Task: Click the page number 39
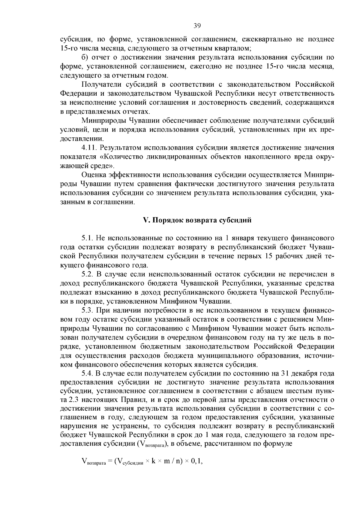(x=197, y=26)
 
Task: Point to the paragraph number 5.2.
(x=88, y=274)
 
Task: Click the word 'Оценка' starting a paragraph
(x=93, y=175)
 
